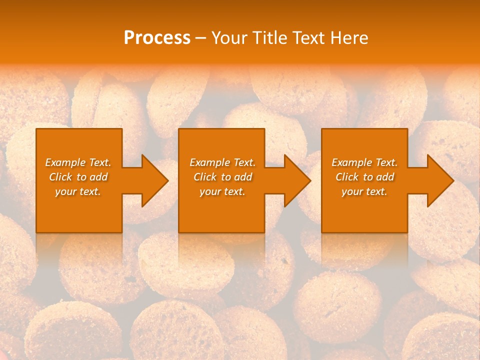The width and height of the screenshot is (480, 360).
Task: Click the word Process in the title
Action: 157,38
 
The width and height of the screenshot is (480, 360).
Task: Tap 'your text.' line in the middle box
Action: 222,191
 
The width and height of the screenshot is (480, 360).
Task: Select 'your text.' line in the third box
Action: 364,191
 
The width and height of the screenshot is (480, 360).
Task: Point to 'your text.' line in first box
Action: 78,191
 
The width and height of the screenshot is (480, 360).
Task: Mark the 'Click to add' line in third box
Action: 365,177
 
